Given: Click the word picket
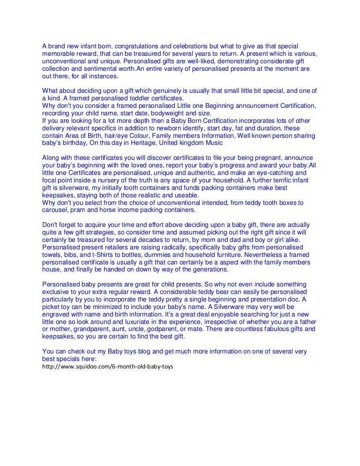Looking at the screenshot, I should [51, 307].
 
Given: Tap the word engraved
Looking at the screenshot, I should [56, 315].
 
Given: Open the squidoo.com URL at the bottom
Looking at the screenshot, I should [107, 366].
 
